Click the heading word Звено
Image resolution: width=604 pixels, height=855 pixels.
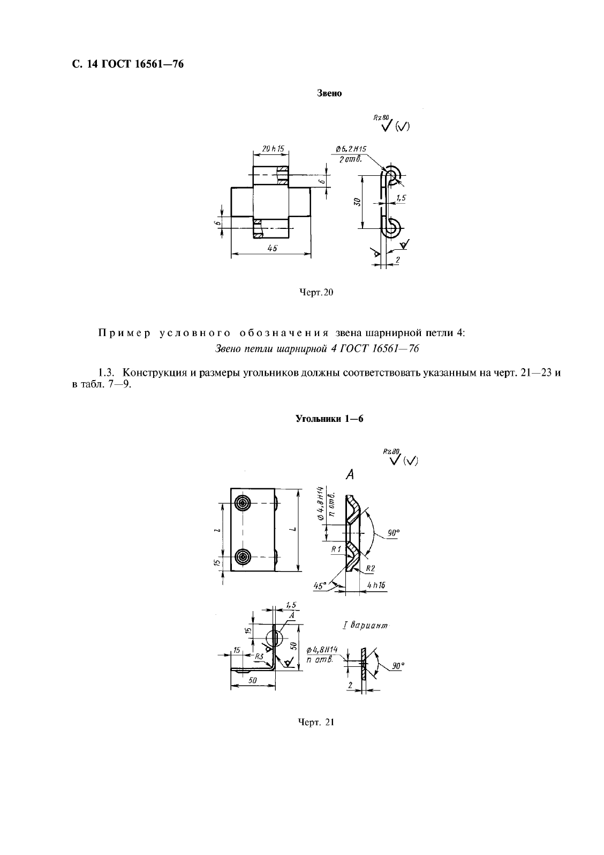click(330, 93)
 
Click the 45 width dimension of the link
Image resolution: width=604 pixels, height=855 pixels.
click(273, 248)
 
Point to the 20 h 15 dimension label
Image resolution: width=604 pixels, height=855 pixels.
click(273, 149)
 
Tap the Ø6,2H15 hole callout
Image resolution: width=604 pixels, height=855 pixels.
click(354, 148)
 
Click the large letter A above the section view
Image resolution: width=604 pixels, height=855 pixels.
click(351, 474)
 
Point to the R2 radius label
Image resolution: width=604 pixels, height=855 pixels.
click(371, 568)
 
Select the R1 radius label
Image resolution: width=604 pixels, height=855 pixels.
click(336, 549)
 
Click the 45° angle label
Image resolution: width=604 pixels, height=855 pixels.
click(321, 586)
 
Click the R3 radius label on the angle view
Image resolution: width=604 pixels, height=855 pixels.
click(259, 656)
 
